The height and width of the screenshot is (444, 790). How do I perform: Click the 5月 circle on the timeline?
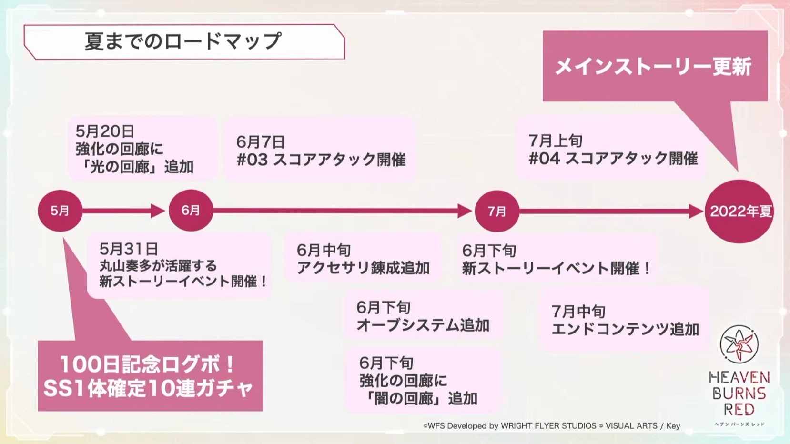(60, 211)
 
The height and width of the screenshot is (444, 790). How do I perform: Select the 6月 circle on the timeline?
(191, 211)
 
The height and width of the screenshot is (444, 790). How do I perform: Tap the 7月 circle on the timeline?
(497, 211)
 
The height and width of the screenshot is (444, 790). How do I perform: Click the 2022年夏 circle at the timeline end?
(739, 211)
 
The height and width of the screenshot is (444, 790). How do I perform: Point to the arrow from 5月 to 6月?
(123, 211)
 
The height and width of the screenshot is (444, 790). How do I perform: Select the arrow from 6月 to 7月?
(343, 211)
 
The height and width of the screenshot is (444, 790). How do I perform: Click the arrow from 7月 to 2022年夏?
(612, 211)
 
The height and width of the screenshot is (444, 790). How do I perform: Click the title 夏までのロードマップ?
(183, 41)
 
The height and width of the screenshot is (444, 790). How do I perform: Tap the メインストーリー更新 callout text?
(653, 66)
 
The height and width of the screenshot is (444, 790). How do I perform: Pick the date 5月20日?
(105, 131)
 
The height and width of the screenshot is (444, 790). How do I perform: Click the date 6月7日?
(260, 142)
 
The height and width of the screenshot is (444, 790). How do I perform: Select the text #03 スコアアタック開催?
(321, 160)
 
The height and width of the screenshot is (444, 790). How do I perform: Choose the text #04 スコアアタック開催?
(613, 158)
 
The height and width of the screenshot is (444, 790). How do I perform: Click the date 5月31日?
(128, 249)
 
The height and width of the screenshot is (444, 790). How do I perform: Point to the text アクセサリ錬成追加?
(363, 268)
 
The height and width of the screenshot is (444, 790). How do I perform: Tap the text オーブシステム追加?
(423, 325)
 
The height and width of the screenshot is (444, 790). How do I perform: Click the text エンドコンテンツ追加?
(625, 329)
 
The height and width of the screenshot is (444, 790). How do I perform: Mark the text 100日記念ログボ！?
(148, 364)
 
